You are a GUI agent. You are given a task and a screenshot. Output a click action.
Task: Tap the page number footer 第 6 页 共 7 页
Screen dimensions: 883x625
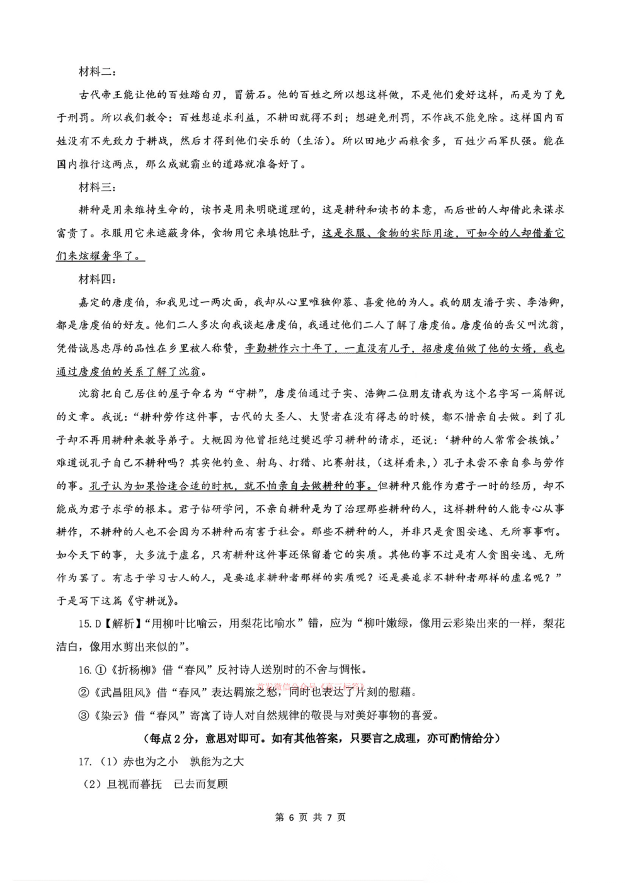(x=311, y=818)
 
